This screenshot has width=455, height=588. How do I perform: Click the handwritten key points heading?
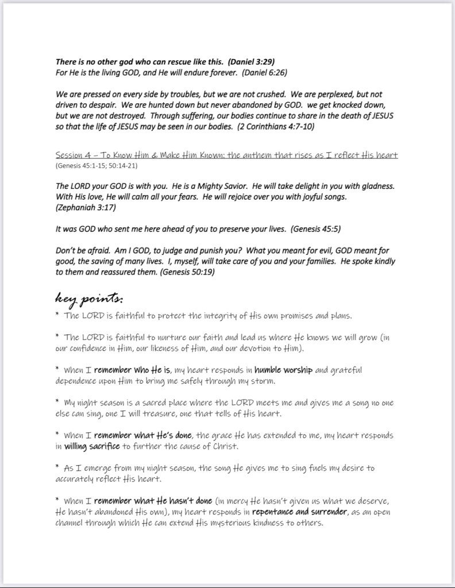click(x=88, y=299)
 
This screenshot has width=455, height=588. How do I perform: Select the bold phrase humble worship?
click(x=283, y=370)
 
